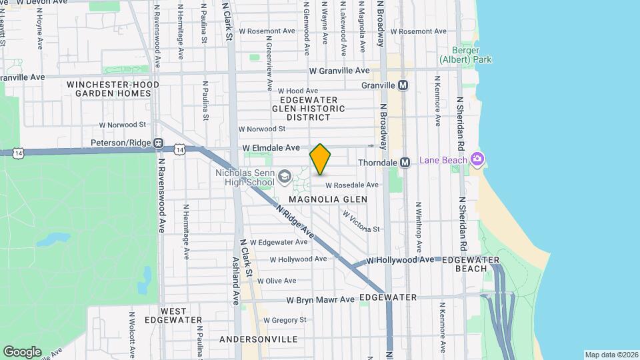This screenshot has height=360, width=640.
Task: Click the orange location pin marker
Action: (x=320, y=159)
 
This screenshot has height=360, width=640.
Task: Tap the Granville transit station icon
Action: (x=403, y=85)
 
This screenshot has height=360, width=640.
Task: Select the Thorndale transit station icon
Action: (x=404, y=163)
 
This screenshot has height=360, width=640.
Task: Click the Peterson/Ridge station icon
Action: (x=158, y=143)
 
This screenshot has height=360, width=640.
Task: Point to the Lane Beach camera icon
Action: (x=477, y=159)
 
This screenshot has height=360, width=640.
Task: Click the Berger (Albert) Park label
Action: (x=465, y=55)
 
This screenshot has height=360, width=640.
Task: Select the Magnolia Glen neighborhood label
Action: (x=328, y=199)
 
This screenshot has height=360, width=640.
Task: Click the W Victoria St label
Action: (x=361, y=223)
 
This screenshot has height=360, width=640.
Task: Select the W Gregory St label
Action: (x=284, y=320)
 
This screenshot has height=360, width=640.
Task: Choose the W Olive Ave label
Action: (x=276, y=281)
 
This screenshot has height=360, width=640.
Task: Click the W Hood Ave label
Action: (x=297, y=91)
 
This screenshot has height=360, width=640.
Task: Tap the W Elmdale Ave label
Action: (x=271, y=147)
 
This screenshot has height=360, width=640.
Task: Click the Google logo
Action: (x=22, y=351)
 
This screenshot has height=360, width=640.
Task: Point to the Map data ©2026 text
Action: (x=611, y=354)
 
